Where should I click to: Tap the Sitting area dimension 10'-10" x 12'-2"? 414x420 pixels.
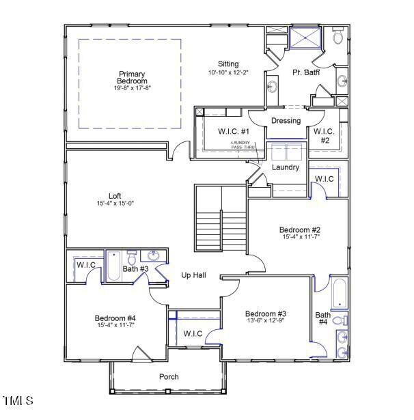pyautogui.click(x=228, y=72)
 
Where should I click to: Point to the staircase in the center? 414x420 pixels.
pyautogui.click(x=220, y=219)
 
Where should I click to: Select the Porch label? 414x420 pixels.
pyautogui.click(x=169, y=376)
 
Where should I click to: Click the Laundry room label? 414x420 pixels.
pyautogui.click(x=286, y=167)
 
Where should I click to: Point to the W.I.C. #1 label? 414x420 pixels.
pyautogui.click(x=234, y=131)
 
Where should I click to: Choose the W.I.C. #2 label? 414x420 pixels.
pyautogui.click(x=323, y=135)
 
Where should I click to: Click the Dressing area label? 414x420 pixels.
pyautogui.click(x=286, y=121)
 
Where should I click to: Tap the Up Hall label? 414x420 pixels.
pyautogui.click(x=194, y=275)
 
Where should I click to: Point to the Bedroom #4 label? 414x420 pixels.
pyautogui.click(x=115, y=318)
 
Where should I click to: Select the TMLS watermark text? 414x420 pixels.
pyautogui.click(x=18, y=400)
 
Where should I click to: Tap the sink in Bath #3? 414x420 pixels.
pyautogui.click(x=154, y=256)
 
